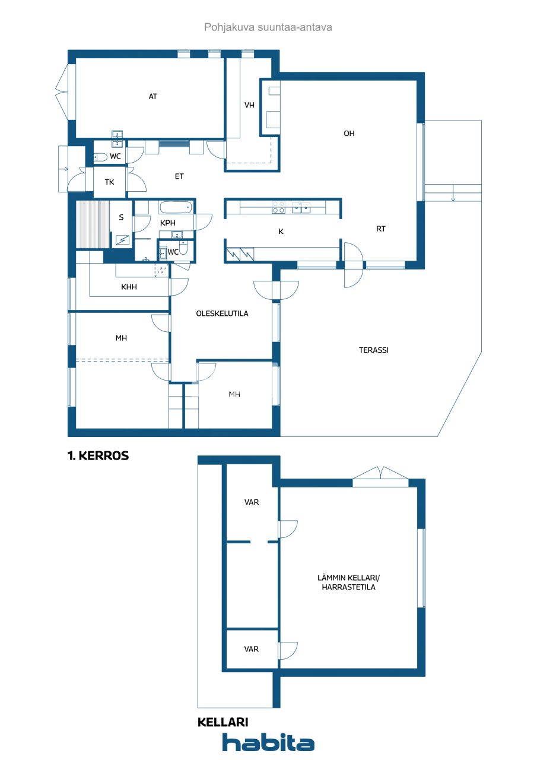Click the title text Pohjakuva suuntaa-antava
coord(268,27)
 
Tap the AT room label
coord(153,96)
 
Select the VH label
coord(249,105)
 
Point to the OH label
coord(349,134)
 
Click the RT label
coord(381,229)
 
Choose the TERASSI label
coord(374,350)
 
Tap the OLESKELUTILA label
coord(222,313)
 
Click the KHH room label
coord(129,287)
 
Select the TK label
coord(110,182)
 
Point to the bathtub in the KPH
coord(176,208)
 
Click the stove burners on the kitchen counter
coord(278,207)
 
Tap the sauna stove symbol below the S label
coord(123,240)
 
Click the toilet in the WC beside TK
coord(100,157)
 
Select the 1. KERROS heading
coord(98,456)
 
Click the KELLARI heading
coord(223,722)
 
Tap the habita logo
coord(268,742)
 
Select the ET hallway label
coord(179,176)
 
